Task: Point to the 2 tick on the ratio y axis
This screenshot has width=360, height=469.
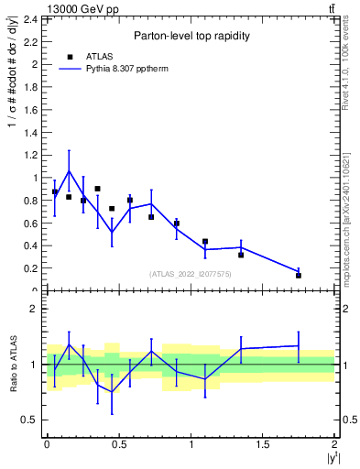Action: coord(34,309)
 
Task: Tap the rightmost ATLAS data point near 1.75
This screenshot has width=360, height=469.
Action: coord(299,275)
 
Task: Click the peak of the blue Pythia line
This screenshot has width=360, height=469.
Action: coord(69,170)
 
